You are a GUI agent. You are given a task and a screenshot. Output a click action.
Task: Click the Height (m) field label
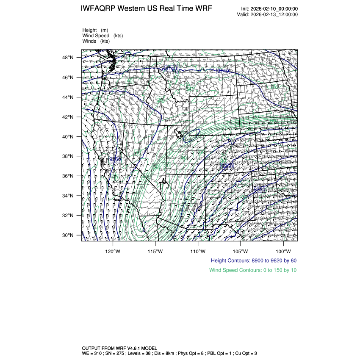pyautogui.click(x=95, y=30)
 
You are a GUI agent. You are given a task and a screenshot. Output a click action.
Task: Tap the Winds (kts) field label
pyautogui.click(x=96, y=41)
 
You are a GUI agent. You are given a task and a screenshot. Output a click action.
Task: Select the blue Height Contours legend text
pyautogui.click(x=253, y=260)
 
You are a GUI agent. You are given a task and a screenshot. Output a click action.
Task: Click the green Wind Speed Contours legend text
pyautogui.click(x=252, y=270)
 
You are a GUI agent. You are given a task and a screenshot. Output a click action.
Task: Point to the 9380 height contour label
pyautogui.click(x=260, y=190)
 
